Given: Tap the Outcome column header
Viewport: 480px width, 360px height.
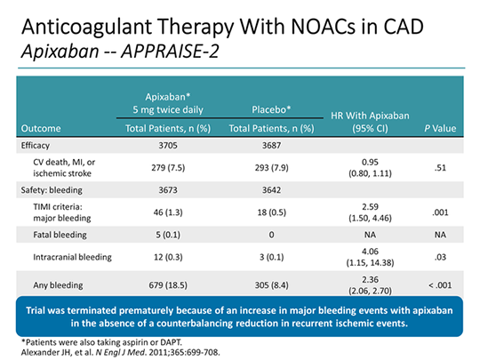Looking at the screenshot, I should tap(38, 128).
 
